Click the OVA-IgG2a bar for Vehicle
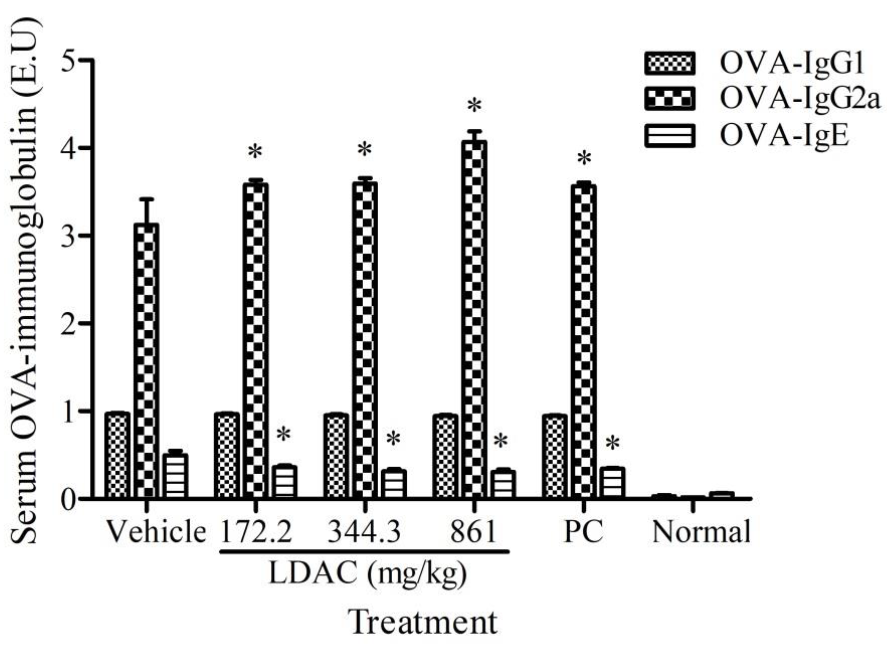146,360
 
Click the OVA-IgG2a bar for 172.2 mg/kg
255,340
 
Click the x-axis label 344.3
364,532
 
